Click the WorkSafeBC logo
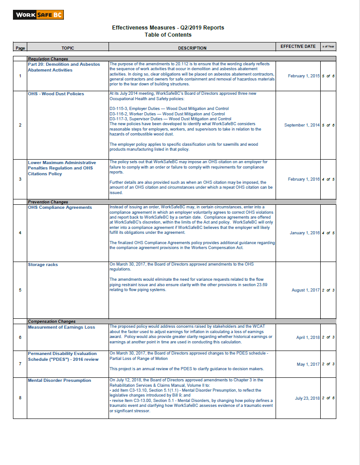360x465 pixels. (38, 15)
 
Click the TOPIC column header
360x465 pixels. (68, 48)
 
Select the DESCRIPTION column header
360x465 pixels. (192, 48)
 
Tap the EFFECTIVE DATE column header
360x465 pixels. (298, 46)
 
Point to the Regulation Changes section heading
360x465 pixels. (48, 59)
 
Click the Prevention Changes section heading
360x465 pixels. (48, 202)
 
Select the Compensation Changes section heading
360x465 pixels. (51, 321)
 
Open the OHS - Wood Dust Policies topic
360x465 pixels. (56, 94)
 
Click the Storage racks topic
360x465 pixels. (43, 265)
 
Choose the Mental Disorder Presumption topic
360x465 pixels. (59, 380)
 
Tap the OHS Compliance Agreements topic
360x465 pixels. (60, 207)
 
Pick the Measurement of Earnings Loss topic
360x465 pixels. (61, 327)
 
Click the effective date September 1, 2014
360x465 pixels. (302, 125)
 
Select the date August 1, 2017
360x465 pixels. (306, 290)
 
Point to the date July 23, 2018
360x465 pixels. (307, 398)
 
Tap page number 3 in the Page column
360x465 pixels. (20, 179)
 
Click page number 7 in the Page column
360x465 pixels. (20, 364)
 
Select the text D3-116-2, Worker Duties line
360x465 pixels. (167, 114)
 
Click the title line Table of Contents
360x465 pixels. (168, 35)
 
